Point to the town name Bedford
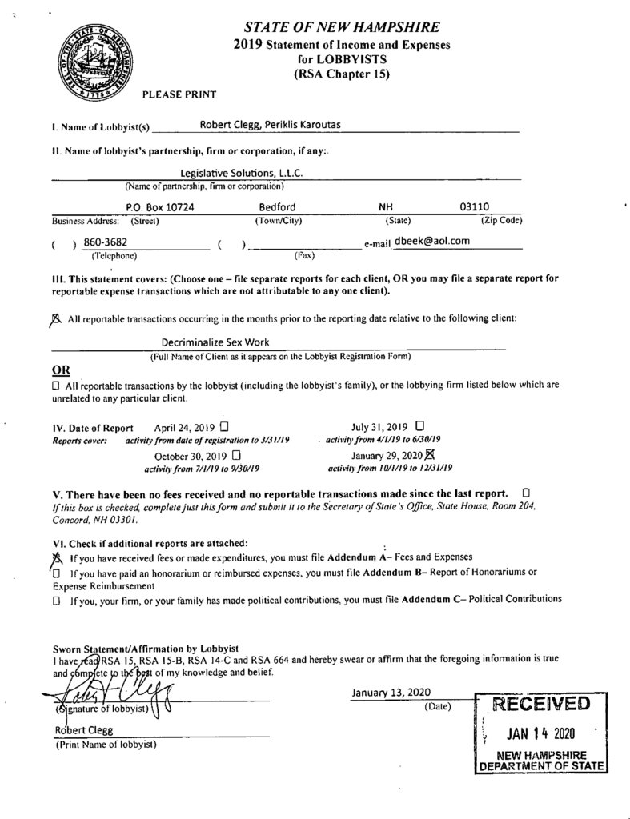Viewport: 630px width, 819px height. click(x=277, y=207)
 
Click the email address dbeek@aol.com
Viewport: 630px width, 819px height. click(x=431, y=240)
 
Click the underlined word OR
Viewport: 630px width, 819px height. click(x=60, y=370)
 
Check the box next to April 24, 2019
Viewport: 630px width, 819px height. click(x=224, y=426)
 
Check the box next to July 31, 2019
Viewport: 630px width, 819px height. click(x=420, y=425)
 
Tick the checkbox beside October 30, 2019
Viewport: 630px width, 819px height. click(x=235, y=455)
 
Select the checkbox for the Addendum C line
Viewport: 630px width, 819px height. click(x=57, y=598)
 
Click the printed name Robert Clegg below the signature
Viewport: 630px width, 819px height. click(x=84, y=730)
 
